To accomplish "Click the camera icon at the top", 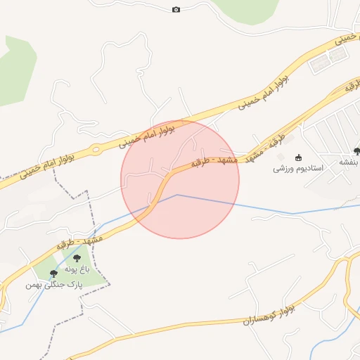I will [x=176, y=9].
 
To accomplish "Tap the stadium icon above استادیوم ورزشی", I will [x=297, y=157].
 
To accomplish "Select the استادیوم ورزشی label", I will [x=298, y=169].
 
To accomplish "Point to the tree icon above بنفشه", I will [x=357, y=150].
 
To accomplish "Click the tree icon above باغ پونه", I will [x=77, y=259].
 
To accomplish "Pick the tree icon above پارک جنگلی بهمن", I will [x=54, y=274].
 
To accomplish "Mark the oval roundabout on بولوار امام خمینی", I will [x=96, y=149].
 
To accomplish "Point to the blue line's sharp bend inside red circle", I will [x=177, y=195].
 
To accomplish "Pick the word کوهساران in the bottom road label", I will [x=257, y=316].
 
